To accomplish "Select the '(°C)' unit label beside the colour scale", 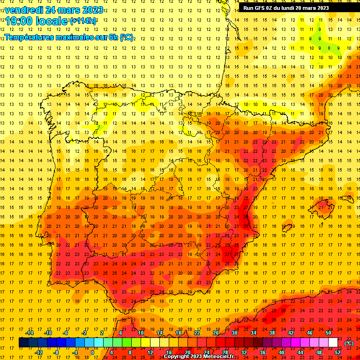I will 349,343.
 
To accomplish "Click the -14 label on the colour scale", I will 29,333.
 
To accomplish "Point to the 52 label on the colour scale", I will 337,352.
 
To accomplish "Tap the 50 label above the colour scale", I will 328,333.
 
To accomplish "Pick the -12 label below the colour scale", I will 38,352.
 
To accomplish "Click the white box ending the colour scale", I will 333,343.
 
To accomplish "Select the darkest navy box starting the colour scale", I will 23,343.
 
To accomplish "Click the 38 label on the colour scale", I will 272,333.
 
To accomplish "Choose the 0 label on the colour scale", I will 93,352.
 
